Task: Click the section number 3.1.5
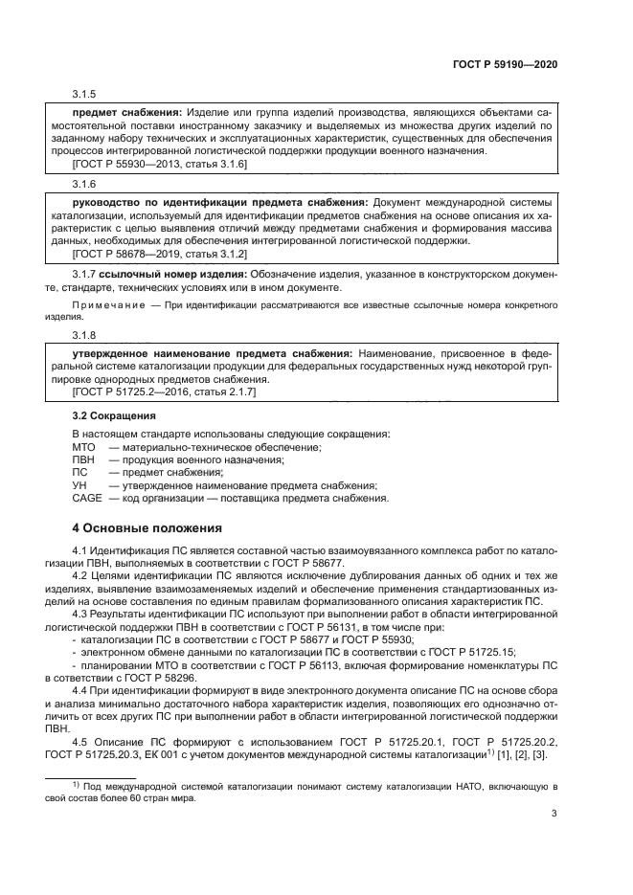[x=85, y=96]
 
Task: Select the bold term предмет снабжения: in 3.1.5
[x=128, y=113]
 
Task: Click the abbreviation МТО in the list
[x=85, y=448]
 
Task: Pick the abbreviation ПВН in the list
[x=85, y=460]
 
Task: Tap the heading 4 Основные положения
[x=147, y=527]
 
